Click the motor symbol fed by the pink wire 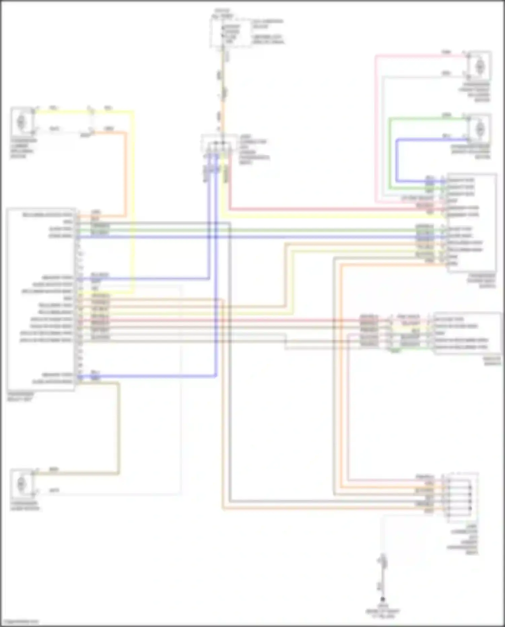479,66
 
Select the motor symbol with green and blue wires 479,128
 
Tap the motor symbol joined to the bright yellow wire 21,120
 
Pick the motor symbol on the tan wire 22,484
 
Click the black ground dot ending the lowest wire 382,599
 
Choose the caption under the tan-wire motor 25,506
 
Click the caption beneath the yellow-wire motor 24,148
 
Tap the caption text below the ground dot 383,611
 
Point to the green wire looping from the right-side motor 390,152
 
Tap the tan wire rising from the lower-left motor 118,428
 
